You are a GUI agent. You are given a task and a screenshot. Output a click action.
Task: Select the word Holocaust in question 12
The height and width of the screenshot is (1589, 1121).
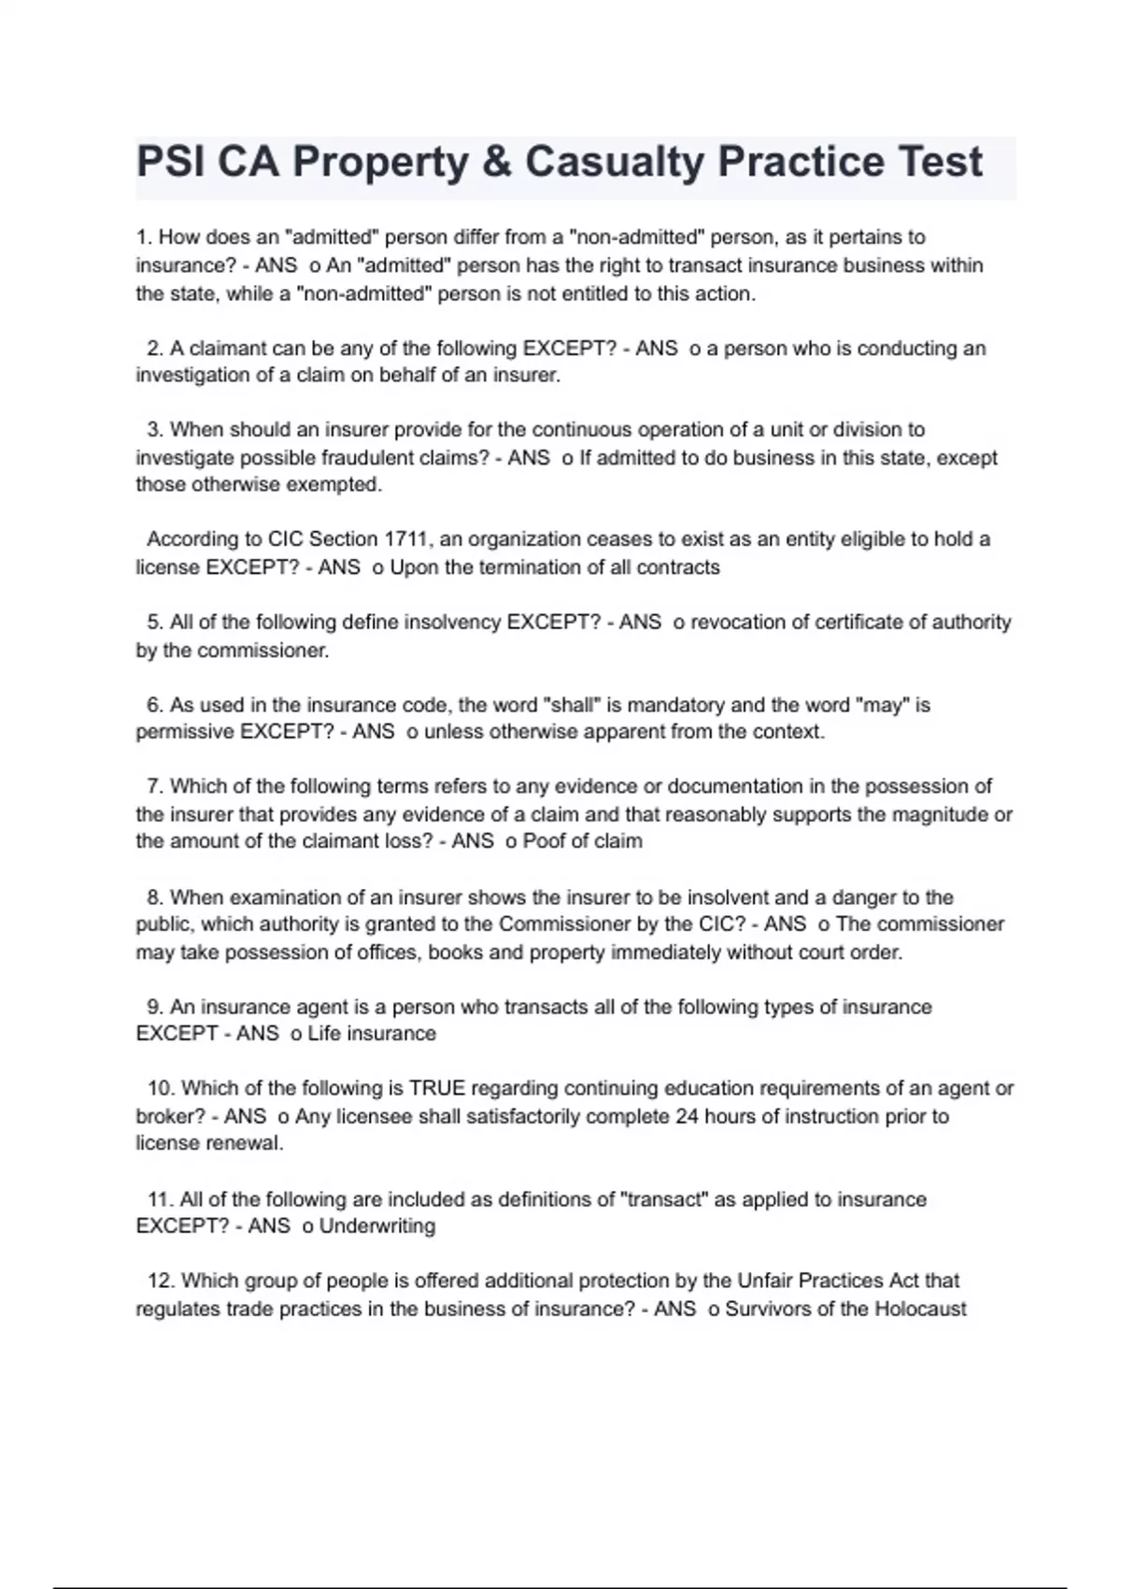pos(920,1309)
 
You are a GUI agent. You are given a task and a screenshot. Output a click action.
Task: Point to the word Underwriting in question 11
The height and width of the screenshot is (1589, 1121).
pos(377,1225)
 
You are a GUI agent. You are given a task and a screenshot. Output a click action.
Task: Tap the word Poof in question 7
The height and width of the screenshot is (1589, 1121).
pos(543,841)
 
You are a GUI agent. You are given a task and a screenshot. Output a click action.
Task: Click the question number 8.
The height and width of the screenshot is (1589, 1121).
pos(155,897)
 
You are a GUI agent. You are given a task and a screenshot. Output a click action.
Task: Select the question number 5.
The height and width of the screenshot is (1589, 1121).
pos(155,623)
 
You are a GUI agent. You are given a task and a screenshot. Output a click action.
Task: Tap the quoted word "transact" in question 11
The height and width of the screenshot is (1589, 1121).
pos(664,1199)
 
